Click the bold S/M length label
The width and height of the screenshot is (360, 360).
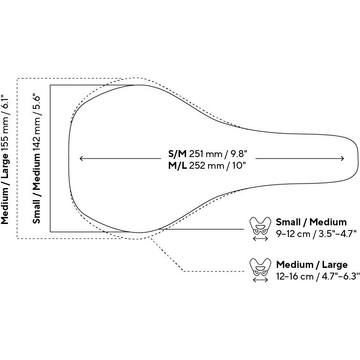pyautogui.click(x=177, y=154)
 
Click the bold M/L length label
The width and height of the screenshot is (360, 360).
pyautogui.click(x=178, y=166)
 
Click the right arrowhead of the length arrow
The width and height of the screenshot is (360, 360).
pyautogui.click(x=343, y=158)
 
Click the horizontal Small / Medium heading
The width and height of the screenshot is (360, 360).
pyautogui.click(x=311, y=222)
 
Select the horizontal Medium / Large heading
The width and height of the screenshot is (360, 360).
pyautogui.click(x=312, y=265)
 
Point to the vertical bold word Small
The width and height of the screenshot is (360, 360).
pyautogui.click(x=36, y=212)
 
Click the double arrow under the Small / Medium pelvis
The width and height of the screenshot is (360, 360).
pyautogui.click(x=260, y=239)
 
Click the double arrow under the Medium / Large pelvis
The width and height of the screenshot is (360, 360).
pyautogui.click(x=260, y=280)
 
